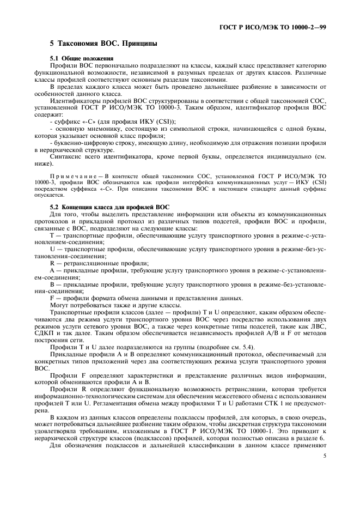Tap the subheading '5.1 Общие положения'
[81, 58]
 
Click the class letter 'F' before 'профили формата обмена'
[52, 298]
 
